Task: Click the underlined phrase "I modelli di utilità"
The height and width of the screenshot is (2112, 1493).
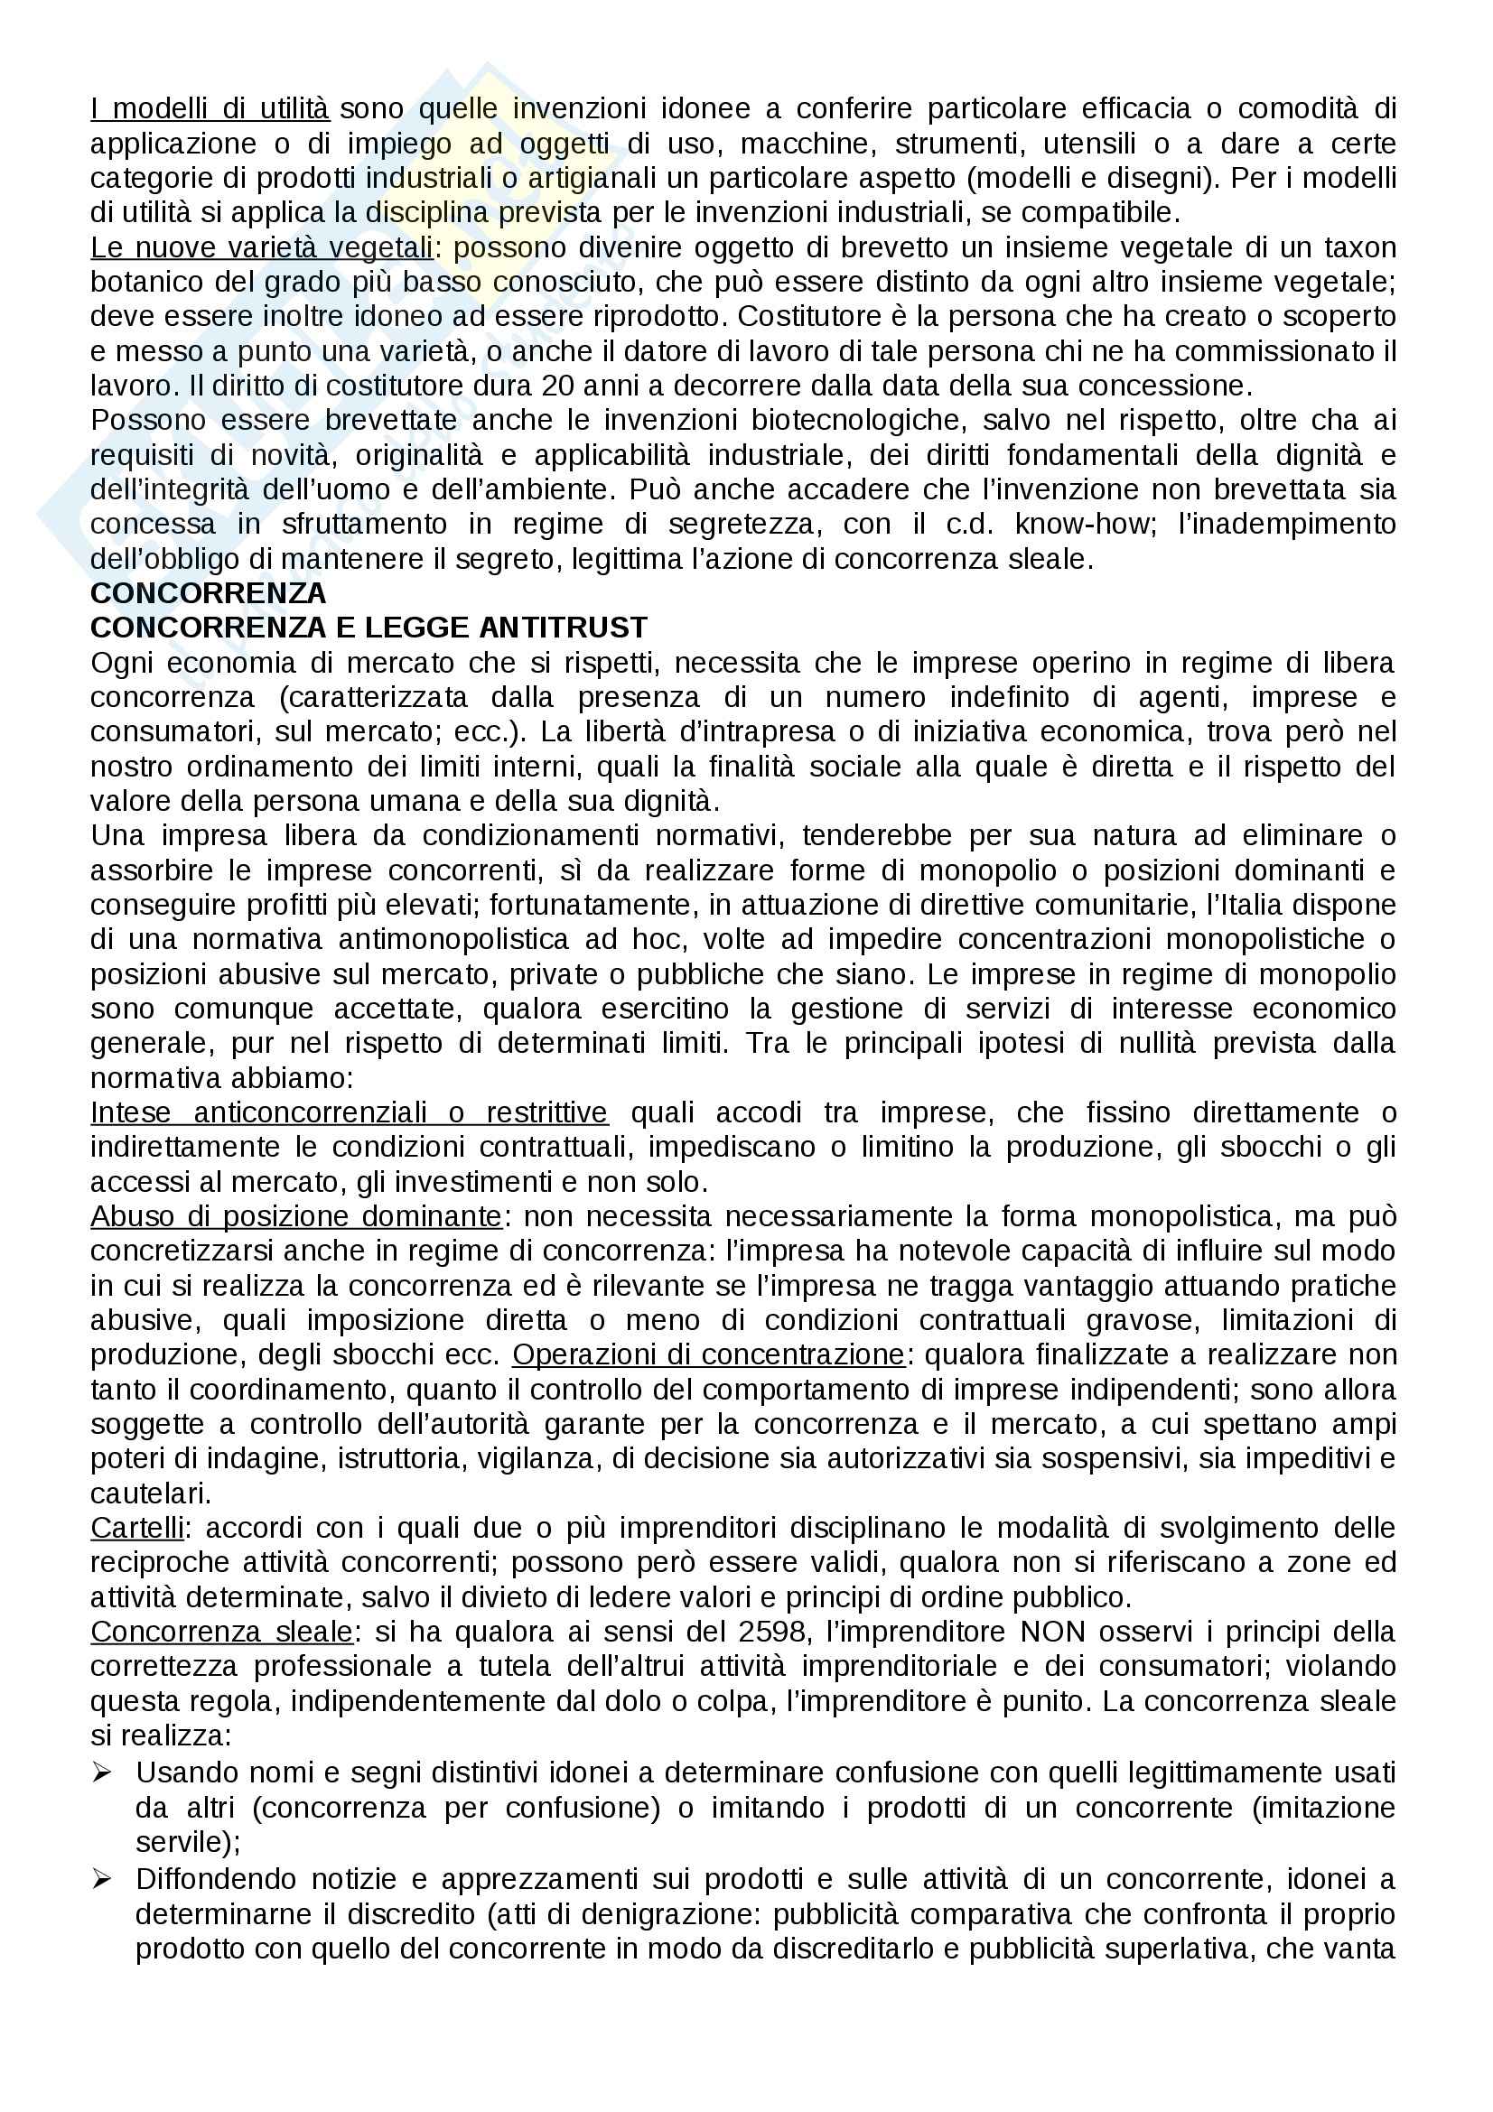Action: tap(210, 109)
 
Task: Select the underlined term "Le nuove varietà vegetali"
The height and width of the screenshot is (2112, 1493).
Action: tap(261, 248)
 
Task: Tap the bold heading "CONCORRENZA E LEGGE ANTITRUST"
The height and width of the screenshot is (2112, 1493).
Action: tap(369, 628)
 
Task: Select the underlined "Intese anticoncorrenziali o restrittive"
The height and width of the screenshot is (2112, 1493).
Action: tap(349, 1113)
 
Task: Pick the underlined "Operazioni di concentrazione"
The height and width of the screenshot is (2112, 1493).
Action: tap(709, 1355)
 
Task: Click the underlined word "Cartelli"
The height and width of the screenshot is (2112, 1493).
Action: tap(137, 1528)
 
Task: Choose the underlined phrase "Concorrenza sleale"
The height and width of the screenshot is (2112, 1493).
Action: tap(220, 1632)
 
